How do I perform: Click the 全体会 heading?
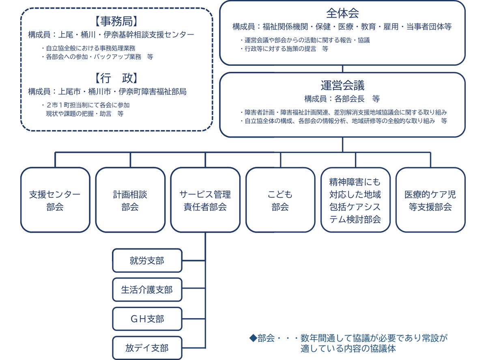342,13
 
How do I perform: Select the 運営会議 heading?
342,85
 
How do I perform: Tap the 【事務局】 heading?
116,21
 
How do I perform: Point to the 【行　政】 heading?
116,78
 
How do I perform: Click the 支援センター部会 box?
55,200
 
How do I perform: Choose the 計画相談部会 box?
130,200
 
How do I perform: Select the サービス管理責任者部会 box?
205,200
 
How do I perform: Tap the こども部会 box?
280,200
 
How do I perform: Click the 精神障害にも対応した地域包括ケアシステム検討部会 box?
355,200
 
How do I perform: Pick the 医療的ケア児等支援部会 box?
430,200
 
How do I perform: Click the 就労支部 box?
147,261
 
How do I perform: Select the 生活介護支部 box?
147,290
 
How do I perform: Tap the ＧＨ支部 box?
147,319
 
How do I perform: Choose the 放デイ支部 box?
147,348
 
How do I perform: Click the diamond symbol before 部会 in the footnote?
253,338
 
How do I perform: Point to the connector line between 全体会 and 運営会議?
342,69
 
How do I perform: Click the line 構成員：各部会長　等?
342,99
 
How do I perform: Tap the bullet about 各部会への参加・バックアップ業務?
97,57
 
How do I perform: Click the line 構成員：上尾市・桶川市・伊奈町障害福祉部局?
108,91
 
